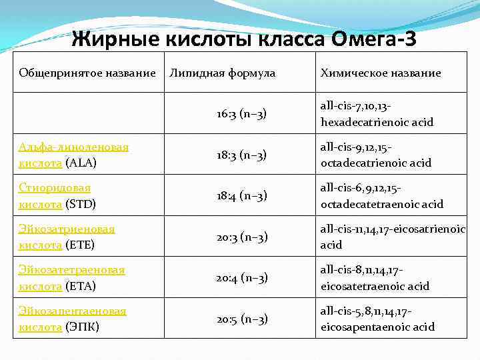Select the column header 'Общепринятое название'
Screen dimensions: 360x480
point(87,72)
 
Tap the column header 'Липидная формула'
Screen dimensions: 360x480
point(223,72)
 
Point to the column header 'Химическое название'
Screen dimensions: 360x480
point(381,73)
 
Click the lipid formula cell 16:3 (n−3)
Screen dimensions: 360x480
point(241,114)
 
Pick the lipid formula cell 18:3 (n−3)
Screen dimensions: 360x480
point(241,155)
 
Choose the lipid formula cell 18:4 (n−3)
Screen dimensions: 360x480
point(241,196)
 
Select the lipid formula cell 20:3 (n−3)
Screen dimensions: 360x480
point(241,237)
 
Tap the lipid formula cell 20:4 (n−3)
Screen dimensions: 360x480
point(241,278)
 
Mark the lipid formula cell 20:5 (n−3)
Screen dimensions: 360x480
point(241,319)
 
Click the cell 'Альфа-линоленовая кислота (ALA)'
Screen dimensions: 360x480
point(74,155)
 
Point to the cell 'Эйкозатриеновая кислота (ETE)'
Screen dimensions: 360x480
point(67,237)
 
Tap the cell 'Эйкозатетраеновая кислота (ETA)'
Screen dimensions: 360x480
point(72,278)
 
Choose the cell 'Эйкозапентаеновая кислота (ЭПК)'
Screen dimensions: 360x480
point(72,319)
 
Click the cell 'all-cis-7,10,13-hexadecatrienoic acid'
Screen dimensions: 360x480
point(377,114)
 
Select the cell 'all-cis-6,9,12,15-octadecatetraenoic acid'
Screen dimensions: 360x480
point(381,196)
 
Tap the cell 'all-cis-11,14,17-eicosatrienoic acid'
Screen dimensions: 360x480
point(392,237)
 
